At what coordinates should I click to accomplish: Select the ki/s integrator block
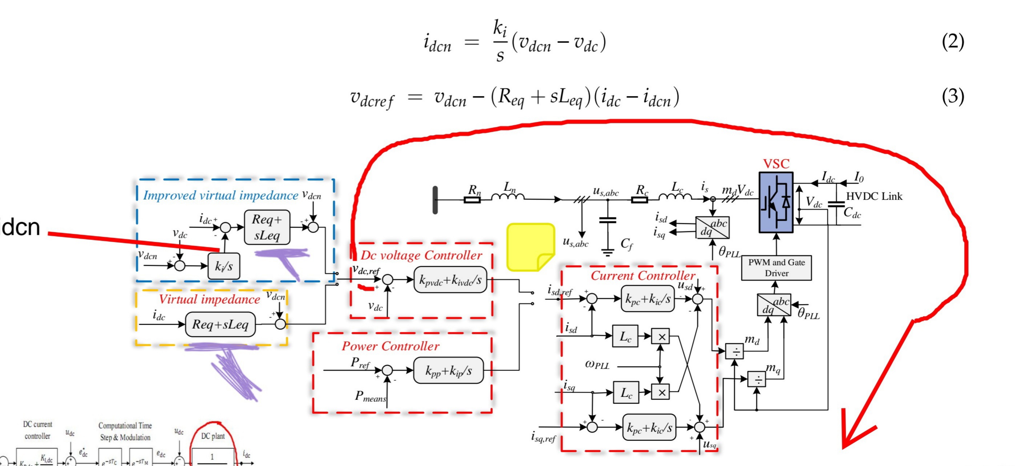pos(224,266)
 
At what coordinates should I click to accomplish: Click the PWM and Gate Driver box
pos(776,268)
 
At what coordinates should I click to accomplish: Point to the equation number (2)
pos(953,41)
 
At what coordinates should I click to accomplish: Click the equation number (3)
pos(953,96)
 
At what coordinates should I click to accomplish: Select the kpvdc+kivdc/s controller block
pos(450,280)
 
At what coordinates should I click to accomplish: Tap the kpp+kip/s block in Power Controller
pos(448,370)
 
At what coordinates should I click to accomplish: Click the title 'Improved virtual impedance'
pos(220,195)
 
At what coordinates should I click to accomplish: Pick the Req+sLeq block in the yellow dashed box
pos(220,324)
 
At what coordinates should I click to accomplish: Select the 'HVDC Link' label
pos(874,197)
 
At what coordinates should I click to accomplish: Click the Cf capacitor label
pos(626,244)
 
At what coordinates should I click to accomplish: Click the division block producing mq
pos(756,379)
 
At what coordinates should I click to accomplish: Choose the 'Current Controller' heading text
pos(642,276)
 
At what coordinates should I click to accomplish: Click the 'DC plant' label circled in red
pos(213,436)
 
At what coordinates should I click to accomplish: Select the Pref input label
pos(360,363)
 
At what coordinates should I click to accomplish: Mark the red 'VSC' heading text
pos(776,164)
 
